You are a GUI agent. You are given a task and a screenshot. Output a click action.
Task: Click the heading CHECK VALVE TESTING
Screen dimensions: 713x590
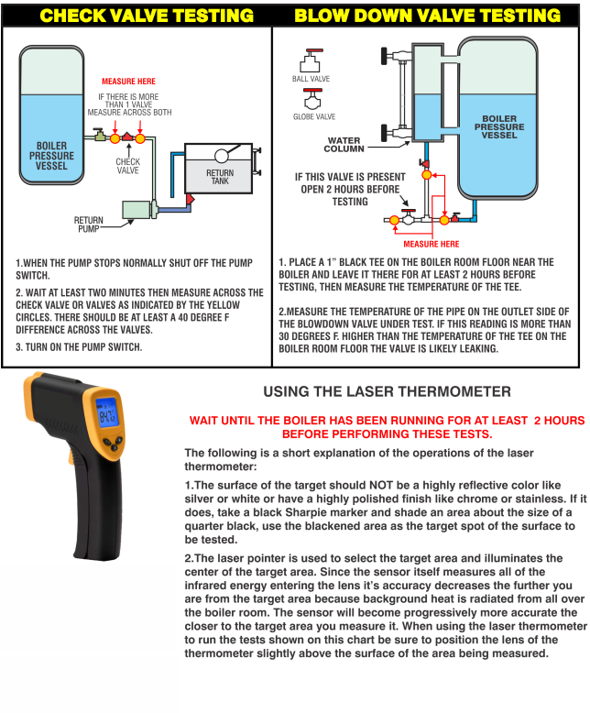[x=147, y=16]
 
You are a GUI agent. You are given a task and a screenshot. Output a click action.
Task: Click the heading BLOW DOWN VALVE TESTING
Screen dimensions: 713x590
[x=427, y=16]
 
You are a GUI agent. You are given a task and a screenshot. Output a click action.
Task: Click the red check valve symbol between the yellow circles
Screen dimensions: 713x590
[x=127, y=137]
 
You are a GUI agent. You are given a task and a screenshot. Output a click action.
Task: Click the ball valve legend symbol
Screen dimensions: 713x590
[x=311, y=61]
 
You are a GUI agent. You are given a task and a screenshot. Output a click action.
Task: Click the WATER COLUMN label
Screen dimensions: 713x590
[x=344, y=144]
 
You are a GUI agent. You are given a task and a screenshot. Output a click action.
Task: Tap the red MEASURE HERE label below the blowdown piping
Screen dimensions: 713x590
[x=432, y=244]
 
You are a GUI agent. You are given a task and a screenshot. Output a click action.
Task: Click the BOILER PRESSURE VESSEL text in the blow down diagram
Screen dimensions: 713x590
[x=499, y=127]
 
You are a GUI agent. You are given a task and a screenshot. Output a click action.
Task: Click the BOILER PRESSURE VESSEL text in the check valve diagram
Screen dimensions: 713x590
[x=52, y=156]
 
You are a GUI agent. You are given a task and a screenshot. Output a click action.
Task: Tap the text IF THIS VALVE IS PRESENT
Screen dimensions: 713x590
[x=348, y=176]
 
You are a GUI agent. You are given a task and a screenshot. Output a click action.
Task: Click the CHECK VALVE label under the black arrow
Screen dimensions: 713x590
[x=128, y=165]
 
